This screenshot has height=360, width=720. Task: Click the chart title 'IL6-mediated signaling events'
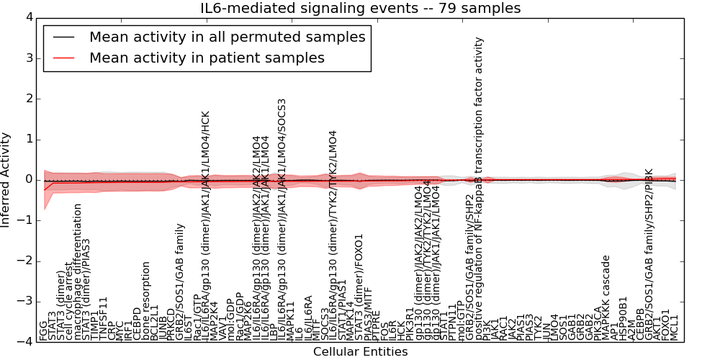tap(360, 8)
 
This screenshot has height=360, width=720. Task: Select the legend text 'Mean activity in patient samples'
tap(207, 58)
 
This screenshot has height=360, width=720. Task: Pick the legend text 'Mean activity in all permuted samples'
tap(227, 37)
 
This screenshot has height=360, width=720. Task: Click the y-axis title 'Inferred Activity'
tap(6, 180)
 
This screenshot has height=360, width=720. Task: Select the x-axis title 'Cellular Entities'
tap(360, 352)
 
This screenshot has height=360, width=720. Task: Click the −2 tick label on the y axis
tap(23, 261)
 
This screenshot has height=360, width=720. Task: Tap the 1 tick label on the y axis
tap(27, 139)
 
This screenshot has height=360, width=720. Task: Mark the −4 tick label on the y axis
tap(23, 343)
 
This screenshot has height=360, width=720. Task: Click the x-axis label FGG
tap(44, 330)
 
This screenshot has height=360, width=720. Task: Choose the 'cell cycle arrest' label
tap(69, 302)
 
